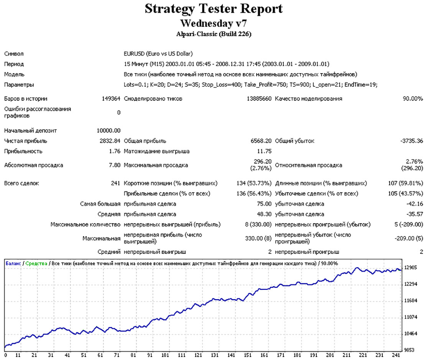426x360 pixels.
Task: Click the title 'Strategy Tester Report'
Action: (214, 9)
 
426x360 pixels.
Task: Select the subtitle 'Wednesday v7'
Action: (214, 23)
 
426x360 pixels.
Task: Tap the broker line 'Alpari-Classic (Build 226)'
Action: (214, 34)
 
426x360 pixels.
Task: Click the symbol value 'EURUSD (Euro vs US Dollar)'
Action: (158, 54)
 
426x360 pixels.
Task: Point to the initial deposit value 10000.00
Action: (109, 131)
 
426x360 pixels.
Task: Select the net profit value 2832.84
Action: (110, 141)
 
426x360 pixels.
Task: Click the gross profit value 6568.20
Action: (261, 141)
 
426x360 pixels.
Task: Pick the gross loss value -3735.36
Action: (411, 141)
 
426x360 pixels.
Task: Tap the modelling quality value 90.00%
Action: (413, 99)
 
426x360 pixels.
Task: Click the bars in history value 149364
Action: (111, 99)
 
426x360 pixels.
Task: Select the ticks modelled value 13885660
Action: (259, 99)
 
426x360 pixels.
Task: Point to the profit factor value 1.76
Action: (115, 151)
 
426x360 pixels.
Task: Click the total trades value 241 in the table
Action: (115, 183)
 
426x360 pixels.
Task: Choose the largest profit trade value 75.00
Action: (264, 204)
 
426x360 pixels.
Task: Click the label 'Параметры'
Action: (19, 85)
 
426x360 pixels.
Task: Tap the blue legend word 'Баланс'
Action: (13, 263)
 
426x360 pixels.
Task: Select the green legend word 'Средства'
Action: (36, 263)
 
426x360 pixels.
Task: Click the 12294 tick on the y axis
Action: (411, 284)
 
